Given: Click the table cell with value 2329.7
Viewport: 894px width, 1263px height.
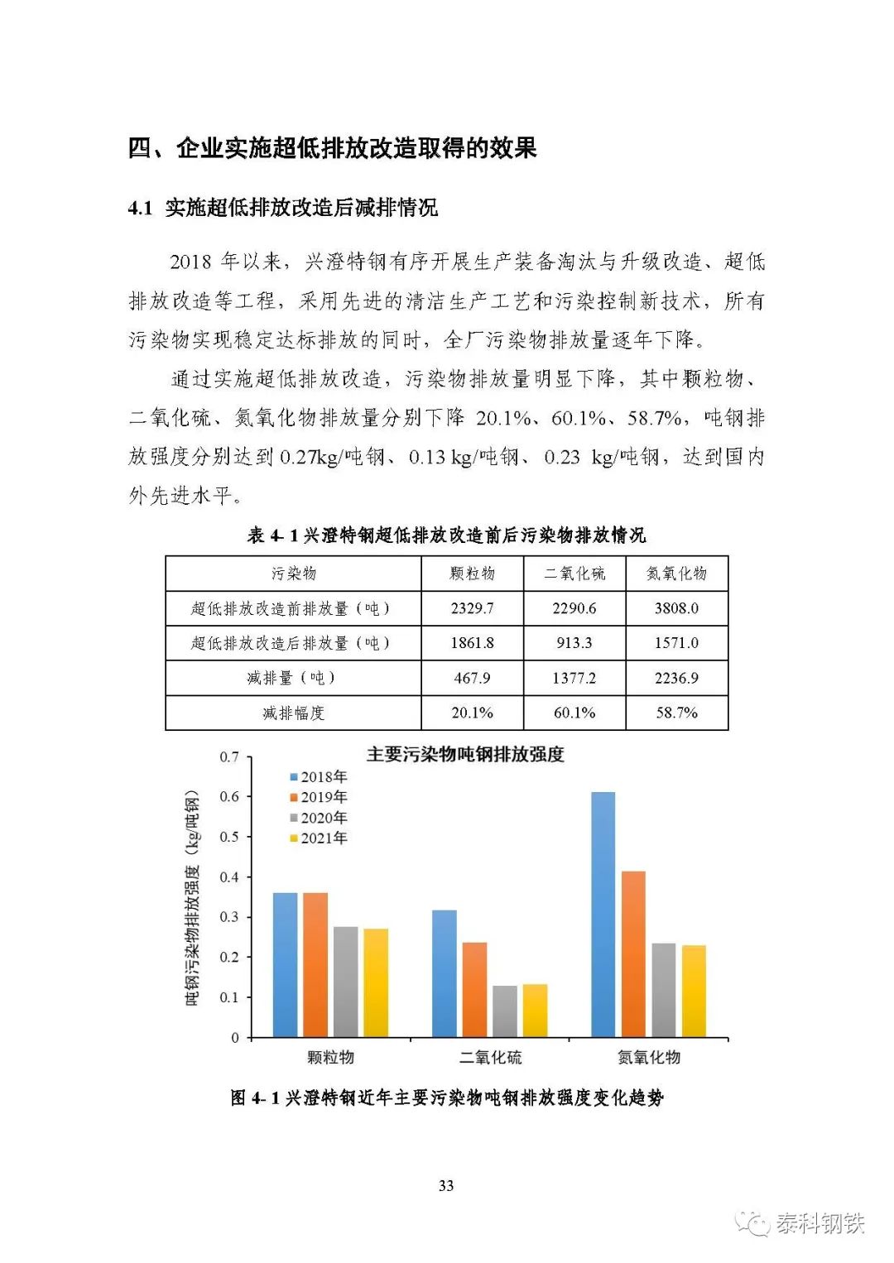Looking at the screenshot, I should (472, 608).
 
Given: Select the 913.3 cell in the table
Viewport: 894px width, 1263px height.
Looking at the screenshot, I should (574, 643).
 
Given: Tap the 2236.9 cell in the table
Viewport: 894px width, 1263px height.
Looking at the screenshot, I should (676, 678).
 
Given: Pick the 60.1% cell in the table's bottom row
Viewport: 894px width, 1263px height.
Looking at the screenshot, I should (574, 713).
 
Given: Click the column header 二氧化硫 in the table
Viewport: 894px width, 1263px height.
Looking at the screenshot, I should (574, 574).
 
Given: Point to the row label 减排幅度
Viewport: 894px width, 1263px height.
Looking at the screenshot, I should (293, 713).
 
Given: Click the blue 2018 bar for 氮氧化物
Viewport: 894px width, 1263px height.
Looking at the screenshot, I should (603, 915).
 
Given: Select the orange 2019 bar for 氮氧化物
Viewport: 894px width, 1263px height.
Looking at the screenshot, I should (633, 953).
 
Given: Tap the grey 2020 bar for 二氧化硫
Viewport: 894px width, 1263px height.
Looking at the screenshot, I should (504, 1011).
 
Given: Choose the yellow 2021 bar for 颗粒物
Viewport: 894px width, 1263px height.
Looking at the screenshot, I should (376, 982).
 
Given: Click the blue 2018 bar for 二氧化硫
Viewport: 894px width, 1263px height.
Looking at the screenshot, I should (444, 973).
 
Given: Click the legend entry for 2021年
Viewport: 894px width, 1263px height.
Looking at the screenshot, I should (319, 838).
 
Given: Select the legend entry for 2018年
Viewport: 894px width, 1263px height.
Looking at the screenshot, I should (319, 777).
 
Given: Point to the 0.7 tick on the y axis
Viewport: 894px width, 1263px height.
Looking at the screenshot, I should (228, 757).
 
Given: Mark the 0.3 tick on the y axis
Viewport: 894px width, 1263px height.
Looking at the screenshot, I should (228, 917).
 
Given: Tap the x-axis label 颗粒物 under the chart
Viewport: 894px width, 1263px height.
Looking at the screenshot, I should (330, 1058).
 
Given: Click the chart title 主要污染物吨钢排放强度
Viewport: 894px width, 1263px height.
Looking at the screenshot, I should (465, 755).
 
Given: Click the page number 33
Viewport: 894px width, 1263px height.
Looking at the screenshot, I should (446, 1186).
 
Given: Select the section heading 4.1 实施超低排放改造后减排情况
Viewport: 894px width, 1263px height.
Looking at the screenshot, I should (283, 208).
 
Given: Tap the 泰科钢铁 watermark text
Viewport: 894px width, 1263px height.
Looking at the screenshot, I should (819, 1223).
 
